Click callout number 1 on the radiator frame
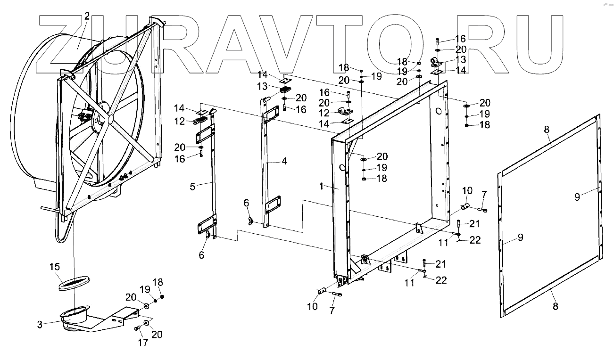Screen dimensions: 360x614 click(321, 187)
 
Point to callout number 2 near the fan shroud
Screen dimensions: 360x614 click(86, 16)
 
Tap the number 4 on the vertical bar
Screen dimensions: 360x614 click(284, 161)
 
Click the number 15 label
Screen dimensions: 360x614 click(55, 267)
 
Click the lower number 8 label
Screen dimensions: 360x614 click(555, 306)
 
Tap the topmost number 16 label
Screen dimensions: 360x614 click(460, 39)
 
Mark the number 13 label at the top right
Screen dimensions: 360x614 click(460, 60)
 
